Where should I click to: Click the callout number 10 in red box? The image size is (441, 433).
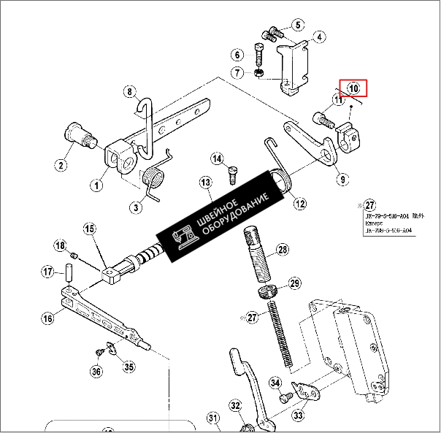(354, 88)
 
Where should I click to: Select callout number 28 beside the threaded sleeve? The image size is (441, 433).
(282, 250)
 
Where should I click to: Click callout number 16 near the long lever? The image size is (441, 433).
(47, 318)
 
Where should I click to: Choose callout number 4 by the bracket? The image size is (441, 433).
(320, 36)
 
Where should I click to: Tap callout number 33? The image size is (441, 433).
(299, 415)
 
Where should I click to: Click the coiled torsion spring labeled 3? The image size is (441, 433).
(154, 180)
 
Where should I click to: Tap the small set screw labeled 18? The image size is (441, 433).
(75, 255)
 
